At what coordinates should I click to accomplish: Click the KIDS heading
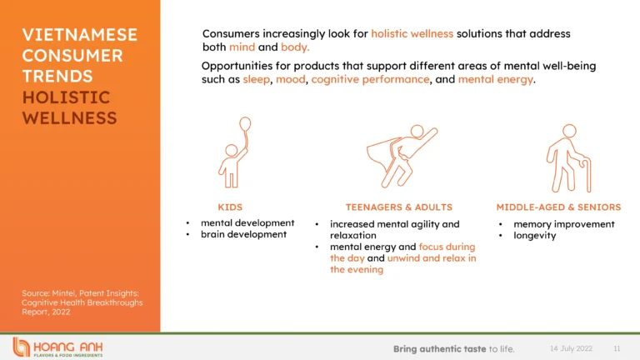click(230, 207)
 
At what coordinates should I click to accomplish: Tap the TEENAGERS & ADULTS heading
click(399, 207)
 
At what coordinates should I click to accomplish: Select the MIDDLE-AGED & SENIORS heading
click(558, 207)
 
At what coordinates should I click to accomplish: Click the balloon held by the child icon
click(245, 124)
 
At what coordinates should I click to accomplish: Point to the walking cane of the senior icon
click(587, 175)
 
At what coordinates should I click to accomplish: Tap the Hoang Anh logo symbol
click(21, 347)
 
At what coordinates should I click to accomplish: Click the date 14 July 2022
click(571, 348)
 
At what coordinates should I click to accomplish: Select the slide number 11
click(617, 348)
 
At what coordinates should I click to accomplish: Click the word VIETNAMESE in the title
click(80, 35)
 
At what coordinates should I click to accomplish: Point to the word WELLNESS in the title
click(70, 118)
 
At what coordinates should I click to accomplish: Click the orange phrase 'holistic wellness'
click(412, 33)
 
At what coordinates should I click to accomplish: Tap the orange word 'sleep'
click(257, 79)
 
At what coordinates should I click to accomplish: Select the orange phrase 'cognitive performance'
click(370, 79)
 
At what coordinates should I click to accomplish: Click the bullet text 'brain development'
click(243, 234)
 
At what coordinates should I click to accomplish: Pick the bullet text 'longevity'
click(535, 236)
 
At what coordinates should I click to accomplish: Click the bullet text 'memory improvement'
click(563, 224)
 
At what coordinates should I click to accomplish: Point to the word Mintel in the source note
click(63, 293)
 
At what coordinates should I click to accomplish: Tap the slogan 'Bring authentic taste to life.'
click(454, 349)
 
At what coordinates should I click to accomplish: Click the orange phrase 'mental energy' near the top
click(496, 79)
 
